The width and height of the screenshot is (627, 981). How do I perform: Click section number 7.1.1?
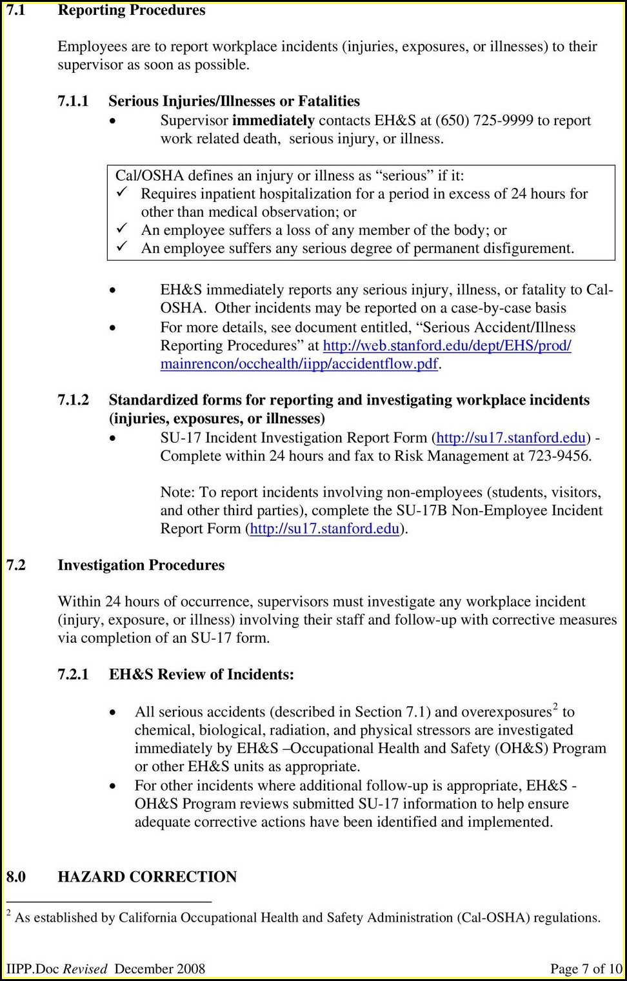[73, 101]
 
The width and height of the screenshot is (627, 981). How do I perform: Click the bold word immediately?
[273, 121]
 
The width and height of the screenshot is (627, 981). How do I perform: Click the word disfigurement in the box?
[522, 248]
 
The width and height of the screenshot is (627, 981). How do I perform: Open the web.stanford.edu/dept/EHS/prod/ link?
[446, 346]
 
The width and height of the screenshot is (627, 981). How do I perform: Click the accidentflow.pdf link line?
[299, 364]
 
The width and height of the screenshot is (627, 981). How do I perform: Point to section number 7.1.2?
[73, 400]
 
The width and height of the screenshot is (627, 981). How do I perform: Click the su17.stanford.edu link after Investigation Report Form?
[511, 438]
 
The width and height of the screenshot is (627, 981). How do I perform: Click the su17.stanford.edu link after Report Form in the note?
[324, 529]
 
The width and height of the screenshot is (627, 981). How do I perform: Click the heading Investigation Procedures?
[141, 565]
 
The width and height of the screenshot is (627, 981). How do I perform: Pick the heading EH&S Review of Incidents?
[201, 675]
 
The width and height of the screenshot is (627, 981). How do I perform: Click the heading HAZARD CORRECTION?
[147, 877]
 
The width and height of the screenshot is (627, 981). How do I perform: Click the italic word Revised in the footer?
[85, 969]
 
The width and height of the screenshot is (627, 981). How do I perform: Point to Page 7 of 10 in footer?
[586, 969]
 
